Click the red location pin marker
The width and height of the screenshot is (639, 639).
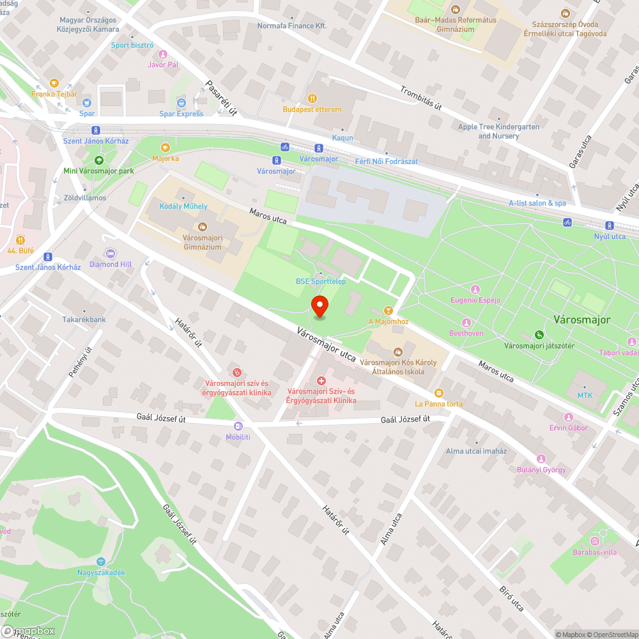(319, 307)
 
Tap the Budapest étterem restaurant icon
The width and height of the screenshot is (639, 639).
(312, 98)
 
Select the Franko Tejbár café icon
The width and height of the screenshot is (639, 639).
(54, 83)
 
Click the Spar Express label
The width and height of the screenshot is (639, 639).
(181, 114)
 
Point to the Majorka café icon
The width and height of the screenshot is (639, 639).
(165, 147)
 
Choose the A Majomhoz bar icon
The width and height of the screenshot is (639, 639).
(388, 310)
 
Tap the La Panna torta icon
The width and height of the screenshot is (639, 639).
(438, 393)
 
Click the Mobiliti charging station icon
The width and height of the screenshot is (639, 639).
(238, 426)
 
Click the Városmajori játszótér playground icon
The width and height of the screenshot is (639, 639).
(540, 335)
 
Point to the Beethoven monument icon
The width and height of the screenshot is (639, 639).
(466, 323)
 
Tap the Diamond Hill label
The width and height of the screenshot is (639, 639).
(111, 264)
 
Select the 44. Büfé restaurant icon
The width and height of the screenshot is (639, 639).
(20, 240)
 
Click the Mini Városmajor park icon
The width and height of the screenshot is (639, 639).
(98, 160)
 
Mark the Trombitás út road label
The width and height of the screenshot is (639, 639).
(421, 98)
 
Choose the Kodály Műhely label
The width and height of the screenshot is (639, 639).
(183, 206)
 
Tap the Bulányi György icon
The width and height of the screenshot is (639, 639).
(541, 459)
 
